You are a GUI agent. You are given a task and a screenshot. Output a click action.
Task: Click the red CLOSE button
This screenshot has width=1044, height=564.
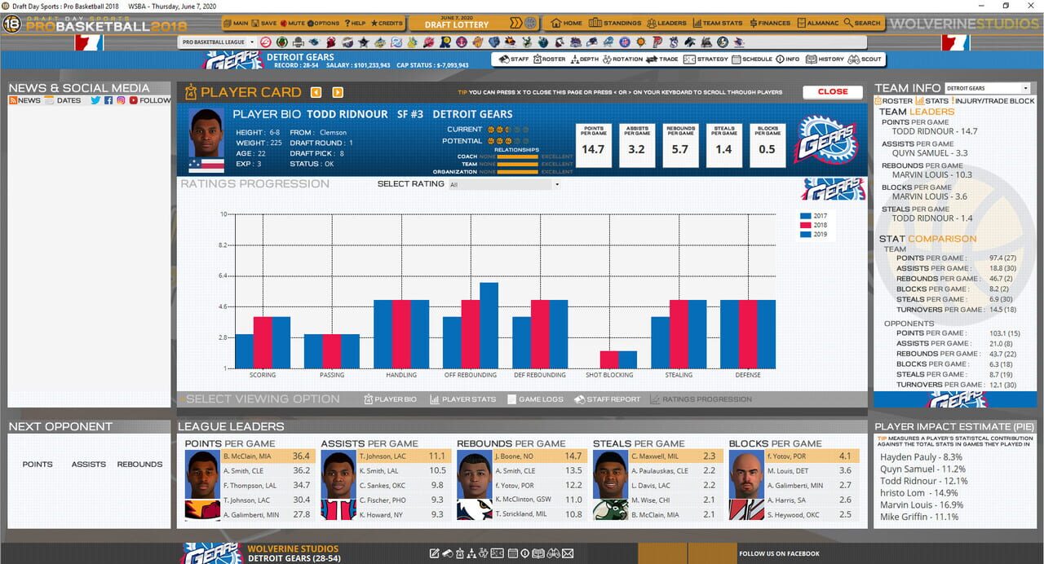click(832, 92)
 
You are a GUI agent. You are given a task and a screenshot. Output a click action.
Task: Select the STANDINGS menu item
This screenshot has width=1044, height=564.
click(616, 24)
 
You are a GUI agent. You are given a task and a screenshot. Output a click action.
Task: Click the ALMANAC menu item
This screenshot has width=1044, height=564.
click(818, 24)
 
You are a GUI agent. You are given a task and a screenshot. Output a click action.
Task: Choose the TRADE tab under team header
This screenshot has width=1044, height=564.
click(662, 59)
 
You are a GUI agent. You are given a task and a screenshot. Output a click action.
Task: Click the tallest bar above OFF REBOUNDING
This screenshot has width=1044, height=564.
click(489, 325)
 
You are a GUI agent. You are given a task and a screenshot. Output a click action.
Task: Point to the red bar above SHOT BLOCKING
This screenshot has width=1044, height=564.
click(608, 359)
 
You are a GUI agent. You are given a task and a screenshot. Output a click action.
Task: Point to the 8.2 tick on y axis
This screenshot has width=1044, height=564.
click(222, 245)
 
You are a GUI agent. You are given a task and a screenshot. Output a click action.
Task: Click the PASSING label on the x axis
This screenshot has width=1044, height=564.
click(332, 375)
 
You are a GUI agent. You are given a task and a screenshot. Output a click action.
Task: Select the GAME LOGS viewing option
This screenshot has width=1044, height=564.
click(535, 399)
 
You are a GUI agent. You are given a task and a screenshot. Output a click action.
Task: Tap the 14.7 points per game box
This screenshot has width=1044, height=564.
click(593, 145)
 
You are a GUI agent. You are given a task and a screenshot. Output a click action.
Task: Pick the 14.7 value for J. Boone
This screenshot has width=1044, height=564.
click(573, 456)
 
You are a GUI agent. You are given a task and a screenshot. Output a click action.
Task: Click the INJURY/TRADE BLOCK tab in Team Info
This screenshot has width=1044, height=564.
click(993, 101)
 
